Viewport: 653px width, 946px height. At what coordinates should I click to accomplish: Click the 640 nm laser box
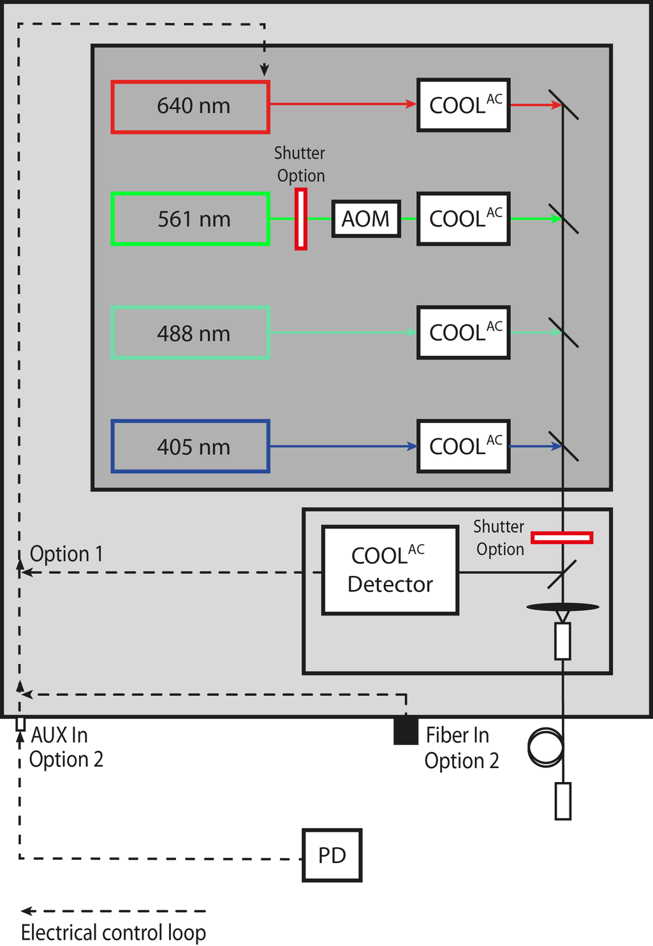(190, 107)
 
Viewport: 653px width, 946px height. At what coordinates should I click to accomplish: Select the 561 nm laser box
(190, 219)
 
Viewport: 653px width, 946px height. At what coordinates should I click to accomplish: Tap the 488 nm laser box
(190, 333)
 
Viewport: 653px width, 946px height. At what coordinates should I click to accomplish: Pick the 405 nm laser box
(190, 447)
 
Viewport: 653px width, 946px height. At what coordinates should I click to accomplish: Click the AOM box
(366, 219)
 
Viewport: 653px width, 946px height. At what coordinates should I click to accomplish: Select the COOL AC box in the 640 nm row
(464, 105)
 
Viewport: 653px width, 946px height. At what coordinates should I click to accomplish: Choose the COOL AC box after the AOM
(464, 219)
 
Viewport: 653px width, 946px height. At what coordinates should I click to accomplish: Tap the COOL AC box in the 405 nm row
(464, 447)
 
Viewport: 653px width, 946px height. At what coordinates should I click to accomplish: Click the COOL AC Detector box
(390, 570)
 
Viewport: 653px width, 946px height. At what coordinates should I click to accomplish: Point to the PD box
(332, 855)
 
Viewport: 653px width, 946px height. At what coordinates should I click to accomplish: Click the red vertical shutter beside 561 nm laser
(301, 219)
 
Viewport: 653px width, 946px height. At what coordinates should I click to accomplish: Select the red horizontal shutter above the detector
(562, 538)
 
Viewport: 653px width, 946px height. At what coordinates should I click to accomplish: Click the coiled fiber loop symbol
(546, 747)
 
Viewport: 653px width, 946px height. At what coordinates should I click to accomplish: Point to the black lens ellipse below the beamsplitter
(562, 607)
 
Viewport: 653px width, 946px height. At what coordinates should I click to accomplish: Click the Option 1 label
(66, 554)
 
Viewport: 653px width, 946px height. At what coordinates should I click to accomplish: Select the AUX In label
(59, 735)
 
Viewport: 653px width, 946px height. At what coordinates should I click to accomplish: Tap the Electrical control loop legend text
(114, 933)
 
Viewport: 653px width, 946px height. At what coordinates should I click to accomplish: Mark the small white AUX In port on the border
(20, 724)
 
